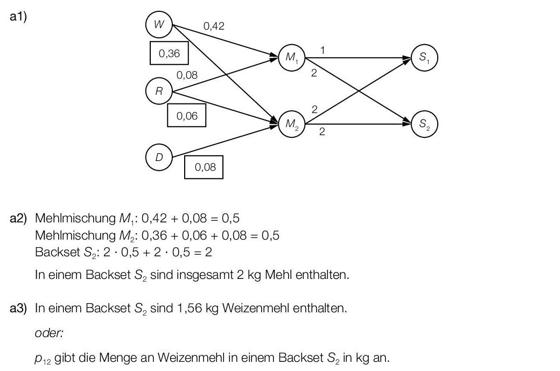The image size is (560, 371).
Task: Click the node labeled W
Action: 159,24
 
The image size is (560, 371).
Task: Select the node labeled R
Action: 159,91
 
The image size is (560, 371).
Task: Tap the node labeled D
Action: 159,158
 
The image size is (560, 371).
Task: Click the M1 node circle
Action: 291,58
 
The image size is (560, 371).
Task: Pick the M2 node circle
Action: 291,124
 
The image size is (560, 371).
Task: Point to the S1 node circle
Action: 424,58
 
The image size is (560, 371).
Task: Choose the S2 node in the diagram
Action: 424,124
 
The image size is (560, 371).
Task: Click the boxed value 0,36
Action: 169,53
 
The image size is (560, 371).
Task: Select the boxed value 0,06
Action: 186,116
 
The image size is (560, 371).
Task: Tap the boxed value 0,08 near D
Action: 204,167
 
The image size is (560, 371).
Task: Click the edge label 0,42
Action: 214,26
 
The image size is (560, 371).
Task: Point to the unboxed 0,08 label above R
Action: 187,75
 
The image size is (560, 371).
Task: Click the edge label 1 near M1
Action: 322,50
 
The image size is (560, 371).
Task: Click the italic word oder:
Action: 49,333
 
